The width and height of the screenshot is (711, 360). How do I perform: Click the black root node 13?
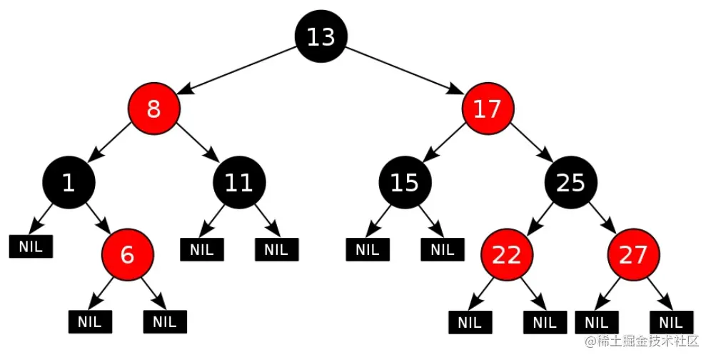click(321, 36)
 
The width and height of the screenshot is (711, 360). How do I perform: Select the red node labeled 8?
click(153, 109)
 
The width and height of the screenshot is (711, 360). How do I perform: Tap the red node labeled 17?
click(488, 109)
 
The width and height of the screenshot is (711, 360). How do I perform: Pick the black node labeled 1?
click(69, 182)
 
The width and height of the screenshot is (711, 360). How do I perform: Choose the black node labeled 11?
click(239, 182)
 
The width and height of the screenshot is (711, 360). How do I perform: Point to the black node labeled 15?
click(405, 182)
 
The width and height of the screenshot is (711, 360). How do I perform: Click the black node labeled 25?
click(571, 182)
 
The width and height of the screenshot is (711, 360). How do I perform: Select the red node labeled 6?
click(127, 255)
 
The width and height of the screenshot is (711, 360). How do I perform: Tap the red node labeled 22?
click(507, 255)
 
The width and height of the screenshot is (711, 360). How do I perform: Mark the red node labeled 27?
click(633, 255)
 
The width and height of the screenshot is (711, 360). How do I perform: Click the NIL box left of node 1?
click(31, 246)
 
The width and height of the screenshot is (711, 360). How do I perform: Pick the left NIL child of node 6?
click(90, 322)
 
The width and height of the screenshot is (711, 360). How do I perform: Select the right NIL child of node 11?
click(276, 250)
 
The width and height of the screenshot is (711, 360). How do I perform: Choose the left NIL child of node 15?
click(368, 250)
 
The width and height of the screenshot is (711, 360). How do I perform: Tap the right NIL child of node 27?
click(672, 322)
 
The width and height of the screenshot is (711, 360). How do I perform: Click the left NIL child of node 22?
click(470, 322)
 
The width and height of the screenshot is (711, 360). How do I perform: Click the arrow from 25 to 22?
click(540, 219)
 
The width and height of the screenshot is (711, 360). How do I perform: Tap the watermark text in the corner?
click(642, 341)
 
